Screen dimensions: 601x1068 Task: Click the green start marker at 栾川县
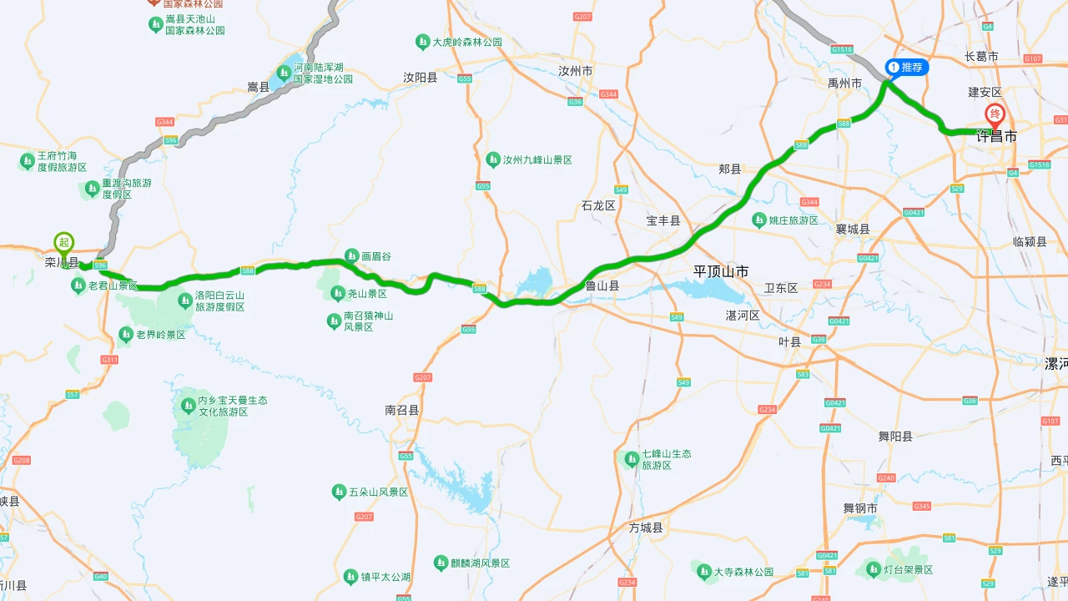pos(64,243)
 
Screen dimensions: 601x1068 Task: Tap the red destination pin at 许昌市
pos(995,115)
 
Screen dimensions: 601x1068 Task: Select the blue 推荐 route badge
pos(906,67)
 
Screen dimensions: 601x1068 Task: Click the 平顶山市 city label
pos(721,271)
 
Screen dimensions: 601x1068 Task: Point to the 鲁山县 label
pos(602,285)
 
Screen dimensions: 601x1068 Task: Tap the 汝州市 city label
pos(576,71)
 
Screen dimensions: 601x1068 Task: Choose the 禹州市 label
pos(844,83)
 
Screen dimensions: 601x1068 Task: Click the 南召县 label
pos(402,410)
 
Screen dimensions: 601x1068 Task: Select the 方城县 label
pos(646,528)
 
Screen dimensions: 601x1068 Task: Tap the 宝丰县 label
pos(663,221)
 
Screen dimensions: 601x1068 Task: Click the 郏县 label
pos(730,169)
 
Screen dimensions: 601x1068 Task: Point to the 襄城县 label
pos(853,229)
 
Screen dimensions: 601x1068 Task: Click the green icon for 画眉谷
pos(352,256)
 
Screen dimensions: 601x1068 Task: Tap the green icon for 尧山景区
pos(338,293)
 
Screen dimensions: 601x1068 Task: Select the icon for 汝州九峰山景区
pos(493,159)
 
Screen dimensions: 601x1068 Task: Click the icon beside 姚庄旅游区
pos(759,220)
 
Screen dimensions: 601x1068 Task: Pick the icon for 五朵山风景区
pos(339,492)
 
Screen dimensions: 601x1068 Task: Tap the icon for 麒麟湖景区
pos(441,563)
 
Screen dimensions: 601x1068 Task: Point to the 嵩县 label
pos(259,87)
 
